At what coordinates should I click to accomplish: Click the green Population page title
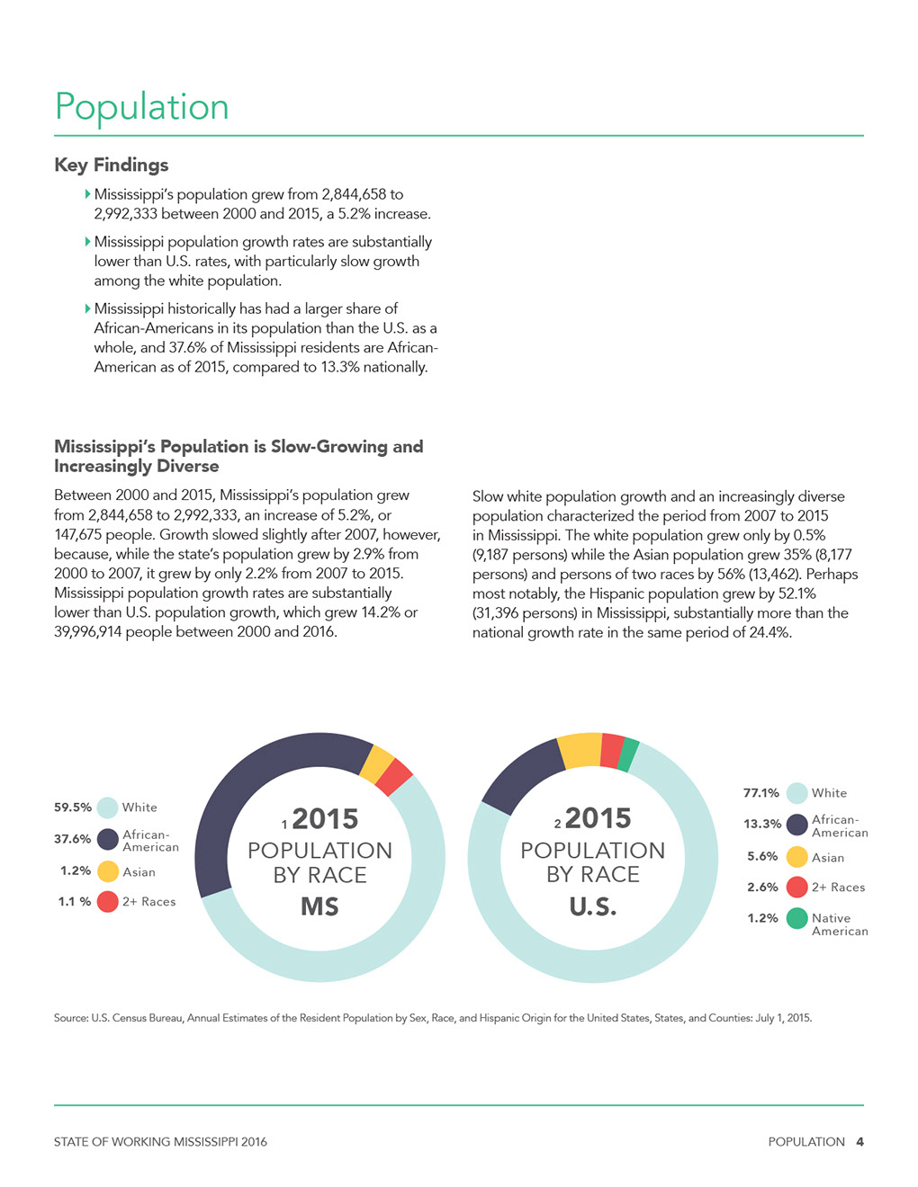[x=141, y=107]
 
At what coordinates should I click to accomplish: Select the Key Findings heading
[x=111, y=165]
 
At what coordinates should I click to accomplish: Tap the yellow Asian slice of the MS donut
[x=377, y=763]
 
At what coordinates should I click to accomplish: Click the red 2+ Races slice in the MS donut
[x=395, y=777]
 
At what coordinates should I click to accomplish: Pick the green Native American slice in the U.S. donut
[x=628, y=754]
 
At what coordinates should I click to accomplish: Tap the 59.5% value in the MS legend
[x=73, y=808]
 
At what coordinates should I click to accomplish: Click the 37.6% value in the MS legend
[x=73, y=839]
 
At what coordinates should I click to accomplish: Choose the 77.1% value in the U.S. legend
[x=761, y=792]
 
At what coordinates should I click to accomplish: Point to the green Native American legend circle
[x=797, y=918]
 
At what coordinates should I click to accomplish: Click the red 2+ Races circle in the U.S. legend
[x=797, y=888]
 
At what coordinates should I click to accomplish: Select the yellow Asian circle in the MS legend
[x=108, y=871]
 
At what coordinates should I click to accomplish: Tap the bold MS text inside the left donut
[x=319, y=907]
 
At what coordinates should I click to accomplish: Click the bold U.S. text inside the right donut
[x=593, y=907]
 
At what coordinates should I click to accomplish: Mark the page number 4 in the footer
[x=860, y=1142]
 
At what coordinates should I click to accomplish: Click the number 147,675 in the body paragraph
[x=77, y=534]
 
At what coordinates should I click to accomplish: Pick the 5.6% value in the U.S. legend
[x=762, y=856]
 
